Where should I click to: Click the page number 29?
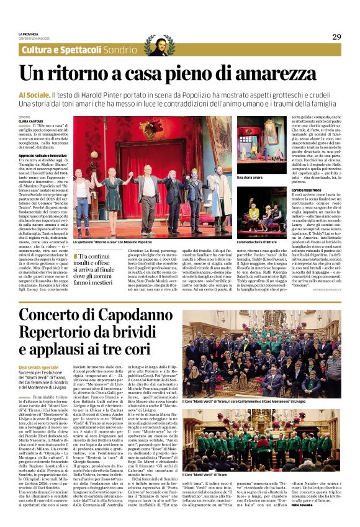coord(336,37)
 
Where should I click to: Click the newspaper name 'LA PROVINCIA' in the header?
coord(28,34)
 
